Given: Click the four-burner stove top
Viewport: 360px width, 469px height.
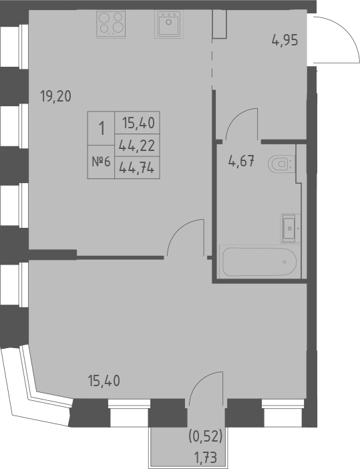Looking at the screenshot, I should tap(112, 24).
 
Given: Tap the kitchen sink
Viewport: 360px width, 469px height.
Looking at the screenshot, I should tap(168, 25).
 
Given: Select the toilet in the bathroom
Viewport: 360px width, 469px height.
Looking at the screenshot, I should tap(281, 162).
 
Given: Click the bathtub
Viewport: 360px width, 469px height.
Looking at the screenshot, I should tap(258, 263).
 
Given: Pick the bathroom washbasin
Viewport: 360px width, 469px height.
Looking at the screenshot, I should tap(290, 227).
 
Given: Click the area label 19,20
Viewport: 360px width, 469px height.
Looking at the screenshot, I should tap(55, 96).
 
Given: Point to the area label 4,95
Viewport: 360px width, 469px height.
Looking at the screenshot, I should tap(284, 39).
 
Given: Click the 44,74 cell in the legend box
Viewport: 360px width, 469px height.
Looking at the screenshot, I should tap(137, 168).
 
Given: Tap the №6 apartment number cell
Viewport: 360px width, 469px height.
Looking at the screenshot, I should tap(101, 162).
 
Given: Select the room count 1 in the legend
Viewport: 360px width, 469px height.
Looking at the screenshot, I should tap(101, 128).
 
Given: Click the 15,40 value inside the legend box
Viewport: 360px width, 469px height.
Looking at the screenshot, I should tap(137, 123).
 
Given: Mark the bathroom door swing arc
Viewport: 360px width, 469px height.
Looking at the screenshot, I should tap(240, 124).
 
